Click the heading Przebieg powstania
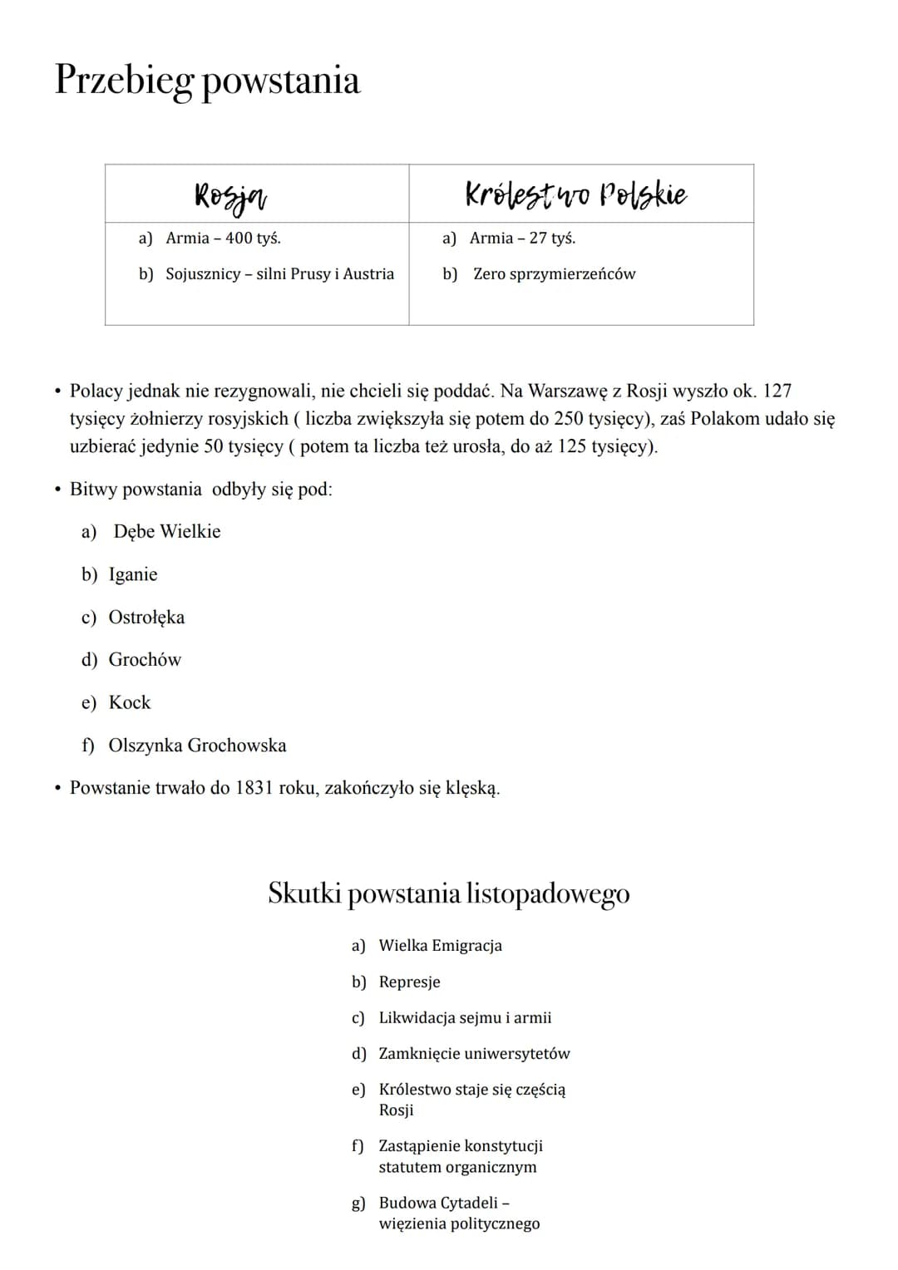click(x=207, y=81)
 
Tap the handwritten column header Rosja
click(x=230, y=196)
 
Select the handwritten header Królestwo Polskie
click(x=575, y=194)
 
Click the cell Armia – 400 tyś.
click(x=223, y=239)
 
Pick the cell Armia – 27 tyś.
click(x=522, y=239)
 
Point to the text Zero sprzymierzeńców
click(x=554, y=274)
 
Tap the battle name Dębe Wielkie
click(x=167, y=532)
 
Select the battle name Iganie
click(x=133, y=575)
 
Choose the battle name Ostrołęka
click(x=146, y=618)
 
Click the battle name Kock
click(x=130, y=703)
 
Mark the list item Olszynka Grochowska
click(x=197, y=746)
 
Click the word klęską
click(x=472, y=789)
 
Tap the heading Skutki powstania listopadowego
click(x=448, y=893)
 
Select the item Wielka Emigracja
click(x=440, y=946)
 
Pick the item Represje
click(x=409, y=982)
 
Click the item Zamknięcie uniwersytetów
click(x=474, y=1054)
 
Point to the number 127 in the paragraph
click(x=777, y=391)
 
